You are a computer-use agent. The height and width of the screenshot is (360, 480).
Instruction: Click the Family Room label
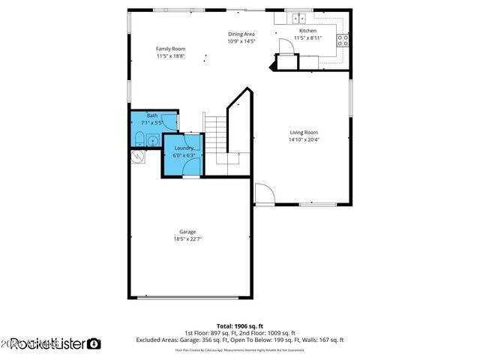pos(170,49)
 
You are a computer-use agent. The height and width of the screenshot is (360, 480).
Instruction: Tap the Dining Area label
pos(241,34)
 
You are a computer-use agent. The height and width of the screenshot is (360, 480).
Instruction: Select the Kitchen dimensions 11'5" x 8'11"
pos(307,37)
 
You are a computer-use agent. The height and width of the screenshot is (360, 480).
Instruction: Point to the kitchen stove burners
pos(342,40)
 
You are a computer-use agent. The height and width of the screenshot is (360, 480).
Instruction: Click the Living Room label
pos(304,133)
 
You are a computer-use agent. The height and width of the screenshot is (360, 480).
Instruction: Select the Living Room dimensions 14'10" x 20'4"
pos(304,139)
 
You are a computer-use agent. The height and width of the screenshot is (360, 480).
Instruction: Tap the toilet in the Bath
pos(139,138)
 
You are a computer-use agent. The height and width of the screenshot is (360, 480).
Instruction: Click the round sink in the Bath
pos(152,139)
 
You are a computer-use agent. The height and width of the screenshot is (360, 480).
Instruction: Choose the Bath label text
pos(152,115)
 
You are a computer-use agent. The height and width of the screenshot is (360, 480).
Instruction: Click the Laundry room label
pos(183,148)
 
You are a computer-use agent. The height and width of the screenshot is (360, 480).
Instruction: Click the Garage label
pos(187,232)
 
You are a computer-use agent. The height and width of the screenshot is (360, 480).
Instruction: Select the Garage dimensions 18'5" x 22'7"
pos(187,238)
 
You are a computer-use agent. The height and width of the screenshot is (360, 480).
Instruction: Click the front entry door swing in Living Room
pos(263,195)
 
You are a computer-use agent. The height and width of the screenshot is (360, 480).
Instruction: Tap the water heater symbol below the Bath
pos(137,156)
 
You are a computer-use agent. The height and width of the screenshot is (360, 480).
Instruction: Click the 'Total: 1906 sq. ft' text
pos(240,325)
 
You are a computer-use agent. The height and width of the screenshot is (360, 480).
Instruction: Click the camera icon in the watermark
pos(94,343)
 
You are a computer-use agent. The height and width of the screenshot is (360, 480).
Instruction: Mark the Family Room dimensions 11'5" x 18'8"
pos(170,55)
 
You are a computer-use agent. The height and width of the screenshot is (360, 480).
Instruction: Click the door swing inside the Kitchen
pos(286,46)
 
